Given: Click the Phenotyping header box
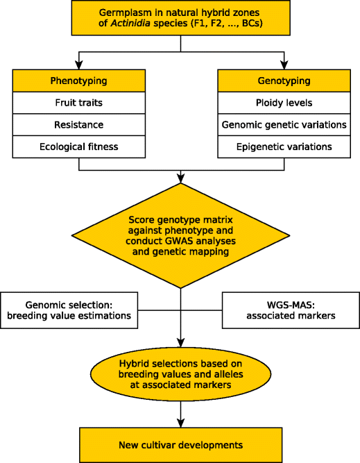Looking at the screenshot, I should pyautogui.click(x=79, y=81).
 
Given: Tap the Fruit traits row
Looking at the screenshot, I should pyautogui.click(x=79, y=103).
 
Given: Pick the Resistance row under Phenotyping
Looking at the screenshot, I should pyautogui.click(x=79, y=125).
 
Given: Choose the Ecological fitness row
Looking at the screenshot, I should pyautogui.click(x=79, y=146).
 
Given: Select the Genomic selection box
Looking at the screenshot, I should pyautogui.click(x=69, y=309).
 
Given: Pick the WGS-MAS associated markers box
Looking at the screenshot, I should pyautogui.click(x=291, y=309).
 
